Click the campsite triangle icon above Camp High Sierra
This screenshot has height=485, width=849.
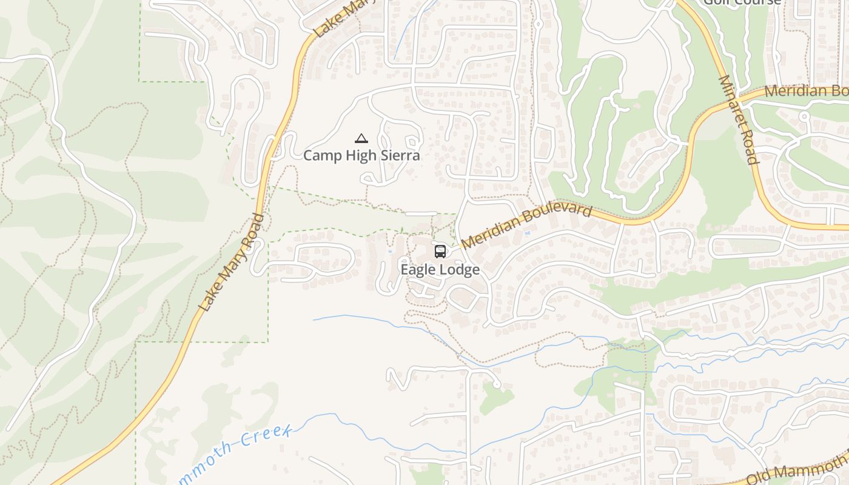(361, 139)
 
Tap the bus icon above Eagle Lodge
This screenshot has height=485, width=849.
(440, 251)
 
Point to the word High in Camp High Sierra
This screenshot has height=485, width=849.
(362, 156)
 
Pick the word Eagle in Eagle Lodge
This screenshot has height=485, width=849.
(418, 270)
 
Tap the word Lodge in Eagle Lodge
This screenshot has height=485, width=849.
(460, 270)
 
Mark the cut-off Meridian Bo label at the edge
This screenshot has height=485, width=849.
(805, 92)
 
